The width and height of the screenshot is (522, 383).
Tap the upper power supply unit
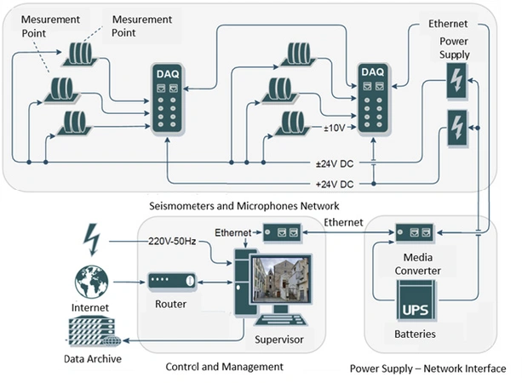pyautogui.click(x=456, y=83)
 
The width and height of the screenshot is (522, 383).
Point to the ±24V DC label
pyautogui.click(x=334, y=164)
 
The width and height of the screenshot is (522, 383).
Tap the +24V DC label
pyautogui.click(x=334, y=183)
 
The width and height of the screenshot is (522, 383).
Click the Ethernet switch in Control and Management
pyautogui.click(x=281, y=232)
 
